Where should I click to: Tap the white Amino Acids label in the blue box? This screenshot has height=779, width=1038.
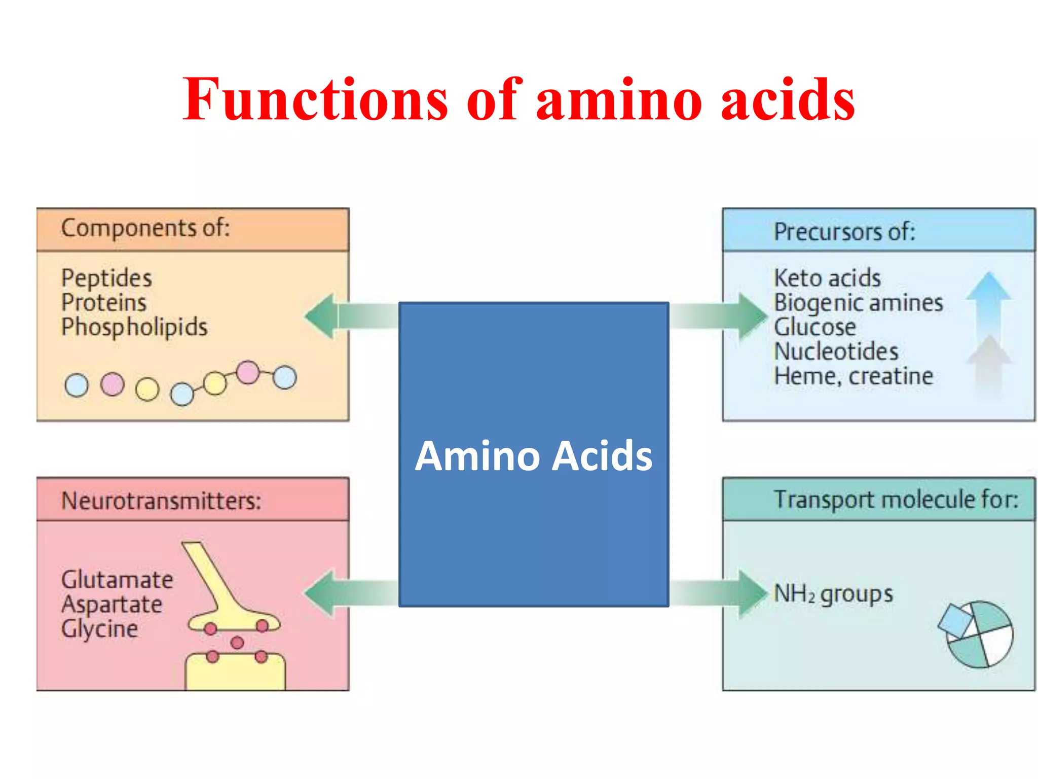[534, 456]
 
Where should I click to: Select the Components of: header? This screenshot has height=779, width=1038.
[145, 228]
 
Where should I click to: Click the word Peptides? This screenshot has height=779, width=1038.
[106, 278]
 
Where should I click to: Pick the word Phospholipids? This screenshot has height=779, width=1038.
[134, 327]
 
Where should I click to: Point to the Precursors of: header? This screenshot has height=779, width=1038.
[844, 232]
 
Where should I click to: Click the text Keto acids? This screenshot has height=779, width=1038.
[827, 278]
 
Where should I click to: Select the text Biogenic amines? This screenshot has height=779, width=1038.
[858, 303]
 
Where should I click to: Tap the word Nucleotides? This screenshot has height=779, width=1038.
[836, 351]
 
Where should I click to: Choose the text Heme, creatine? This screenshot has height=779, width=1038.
[854, 376]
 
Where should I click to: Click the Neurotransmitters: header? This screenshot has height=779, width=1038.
[161, 501]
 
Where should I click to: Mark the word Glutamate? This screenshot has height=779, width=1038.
[117, 580]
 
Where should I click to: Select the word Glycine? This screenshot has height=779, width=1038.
[99, 629]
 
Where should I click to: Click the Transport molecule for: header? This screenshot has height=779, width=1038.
[896, 500]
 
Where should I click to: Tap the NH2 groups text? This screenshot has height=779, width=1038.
[833, 594]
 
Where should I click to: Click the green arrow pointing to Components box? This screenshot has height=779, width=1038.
[350, 316]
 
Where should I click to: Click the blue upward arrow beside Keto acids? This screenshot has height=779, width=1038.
[988, 304]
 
